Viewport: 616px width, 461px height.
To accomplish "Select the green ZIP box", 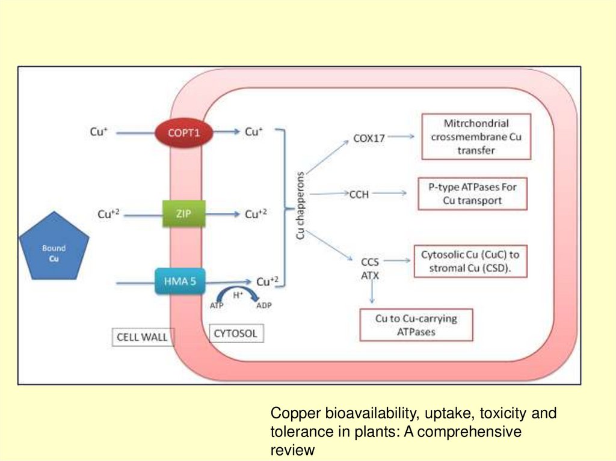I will point(184,213).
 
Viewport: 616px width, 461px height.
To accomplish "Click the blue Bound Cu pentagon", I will point(54,248).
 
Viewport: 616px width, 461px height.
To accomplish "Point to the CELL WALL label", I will point(142,337).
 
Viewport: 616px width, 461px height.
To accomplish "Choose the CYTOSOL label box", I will point(236,332).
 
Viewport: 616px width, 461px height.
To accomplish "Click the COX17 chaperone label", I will point(369,138).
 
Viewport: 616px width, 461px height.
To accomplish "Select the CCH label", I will point(359,194).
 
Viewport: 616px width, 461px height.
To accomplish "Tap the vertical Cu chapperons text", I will point(301,205).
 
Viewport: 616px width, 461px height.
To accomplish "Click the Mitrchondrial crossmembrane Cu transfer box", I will point(476,137).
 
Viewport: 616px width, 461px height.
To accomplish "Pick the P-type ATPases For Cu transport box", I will point(472,194).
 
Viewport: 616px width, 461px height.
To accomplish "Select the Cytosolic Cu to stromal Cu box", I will point(470,261).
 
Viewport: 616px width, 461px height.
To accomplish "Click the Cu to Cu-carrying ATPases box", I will point(416,325).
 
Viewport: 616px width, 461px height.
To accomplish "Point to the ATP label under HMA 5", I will point(217,305).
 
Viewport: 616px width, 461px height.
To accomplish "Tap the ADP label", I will point(264,305).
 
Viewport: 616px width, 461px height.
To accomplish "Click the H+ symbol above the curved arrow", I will point(238,293).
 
